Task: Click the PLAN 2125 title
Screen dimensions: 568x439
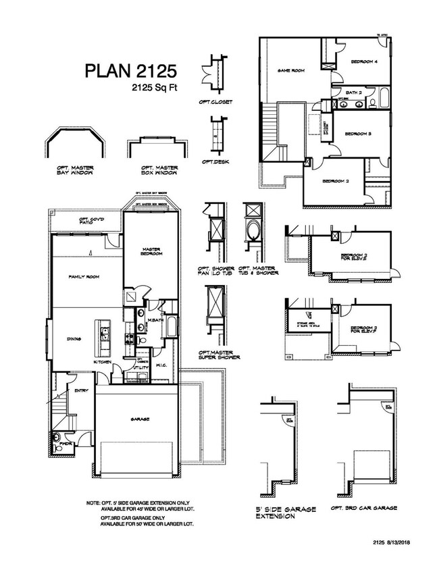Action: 130,70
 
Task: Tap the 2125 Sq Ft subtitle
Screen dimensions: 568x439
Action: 155,87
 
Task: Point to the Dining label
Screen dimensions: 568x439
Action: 74,340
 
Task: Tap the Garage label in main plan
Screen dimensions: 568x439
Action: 139,419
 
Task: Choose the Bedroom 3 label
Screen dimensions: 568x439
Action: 359,134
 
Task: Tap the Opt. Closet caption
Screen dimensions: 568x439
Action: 216,103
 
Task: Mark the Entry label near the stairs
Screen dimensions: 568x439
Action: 82,390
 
